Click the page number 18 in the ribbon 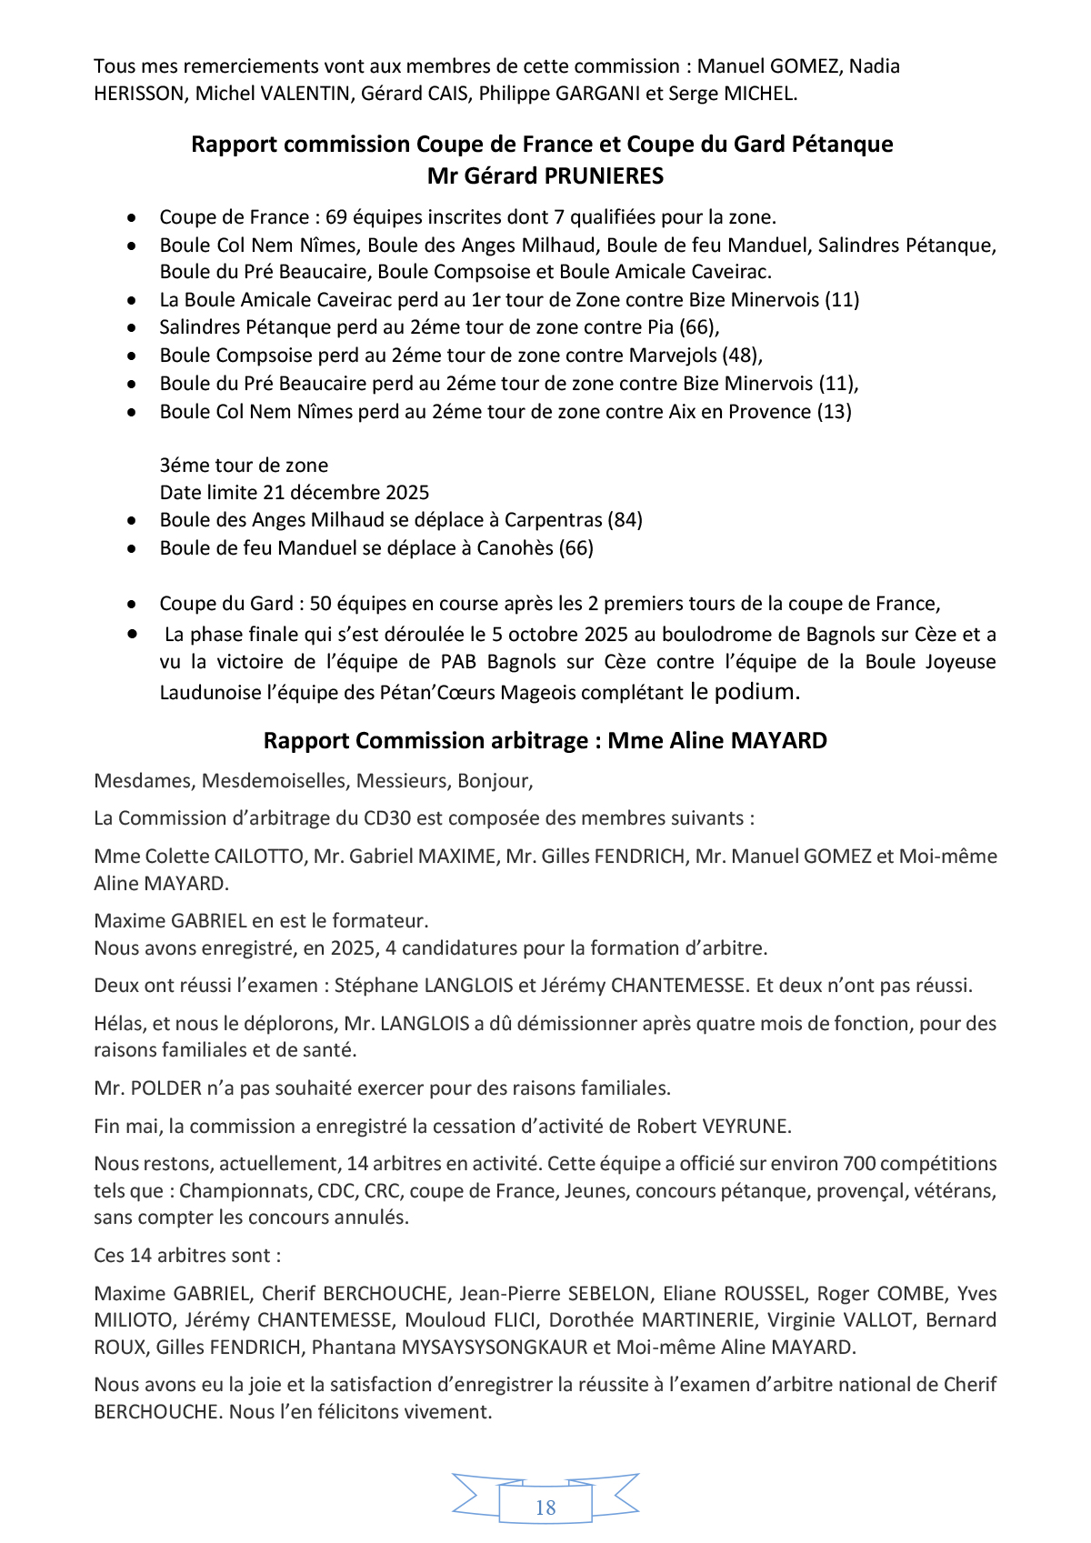(545, 1507)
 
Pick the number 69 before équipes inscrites (336, 217)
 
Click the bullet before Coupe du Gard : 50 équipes (133, 604)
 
